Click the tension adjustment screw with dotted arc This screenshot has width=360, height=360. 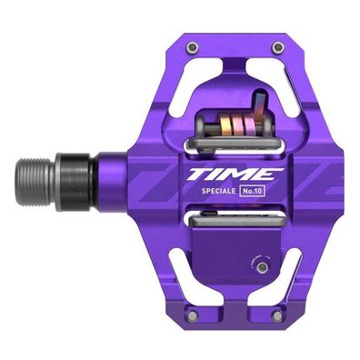coord(263,267)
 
